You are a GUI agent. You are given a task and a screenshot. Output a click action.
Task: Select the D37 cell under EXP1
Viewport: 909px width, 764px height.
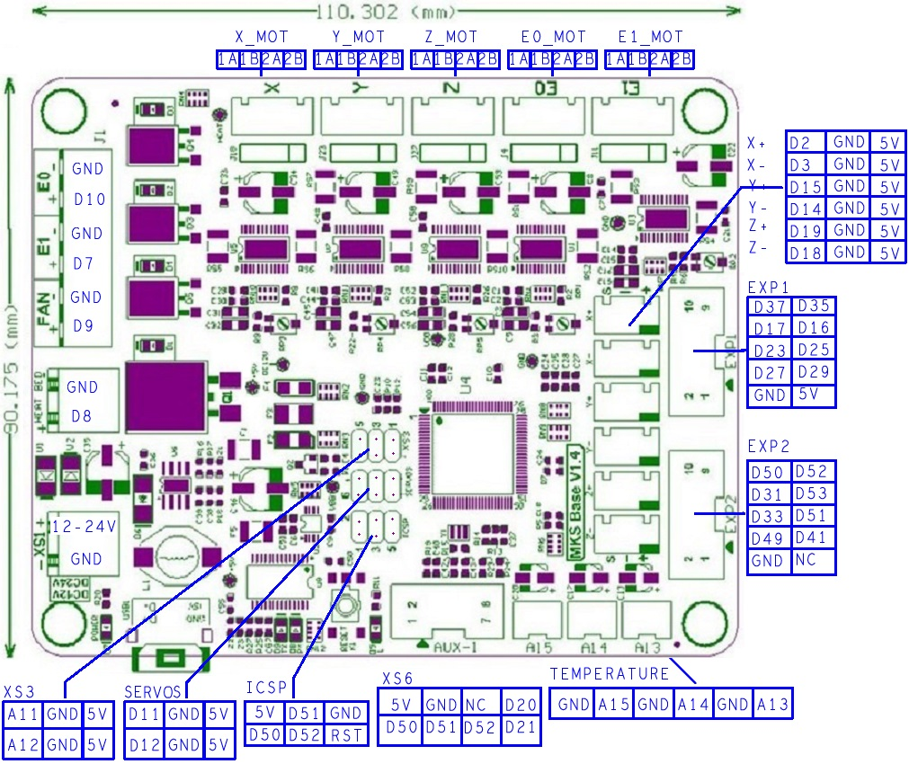click(770, 306)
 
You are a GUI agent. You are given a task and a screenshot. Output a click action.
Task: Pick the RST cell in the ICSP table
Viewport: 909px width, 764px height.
click(346, 733)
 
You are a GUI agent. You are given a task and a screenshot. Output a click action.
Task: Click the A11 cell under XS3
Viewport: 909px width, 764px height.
click(24, 715)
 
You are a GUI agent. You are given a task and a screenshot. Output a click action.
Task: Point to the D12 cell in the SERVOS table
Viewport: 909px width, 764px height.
click(145, 745)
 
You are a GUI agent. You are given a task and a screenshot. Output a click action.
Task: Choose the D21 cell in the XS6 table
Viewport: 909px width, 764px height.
click(521, 726)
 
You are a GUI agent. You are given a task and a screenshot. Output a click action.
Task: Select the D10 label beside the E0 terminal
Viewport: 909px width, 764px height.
click(88, 200)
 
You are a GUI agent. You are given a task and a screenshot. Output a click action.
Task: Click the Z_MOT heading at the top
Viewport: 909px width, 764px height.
click(451, 38)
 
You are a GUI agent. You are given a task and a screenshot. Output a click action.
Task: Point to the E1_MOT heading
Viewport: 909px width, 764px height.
click(651, 38)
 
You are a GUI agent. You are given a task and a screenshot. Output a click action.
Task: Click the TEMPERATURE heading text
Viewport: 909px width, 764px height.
click(610, 674)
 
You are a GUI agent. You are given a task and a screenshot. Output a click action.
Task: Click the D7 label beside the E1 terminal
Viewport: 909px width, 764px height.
click(84, 264)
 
